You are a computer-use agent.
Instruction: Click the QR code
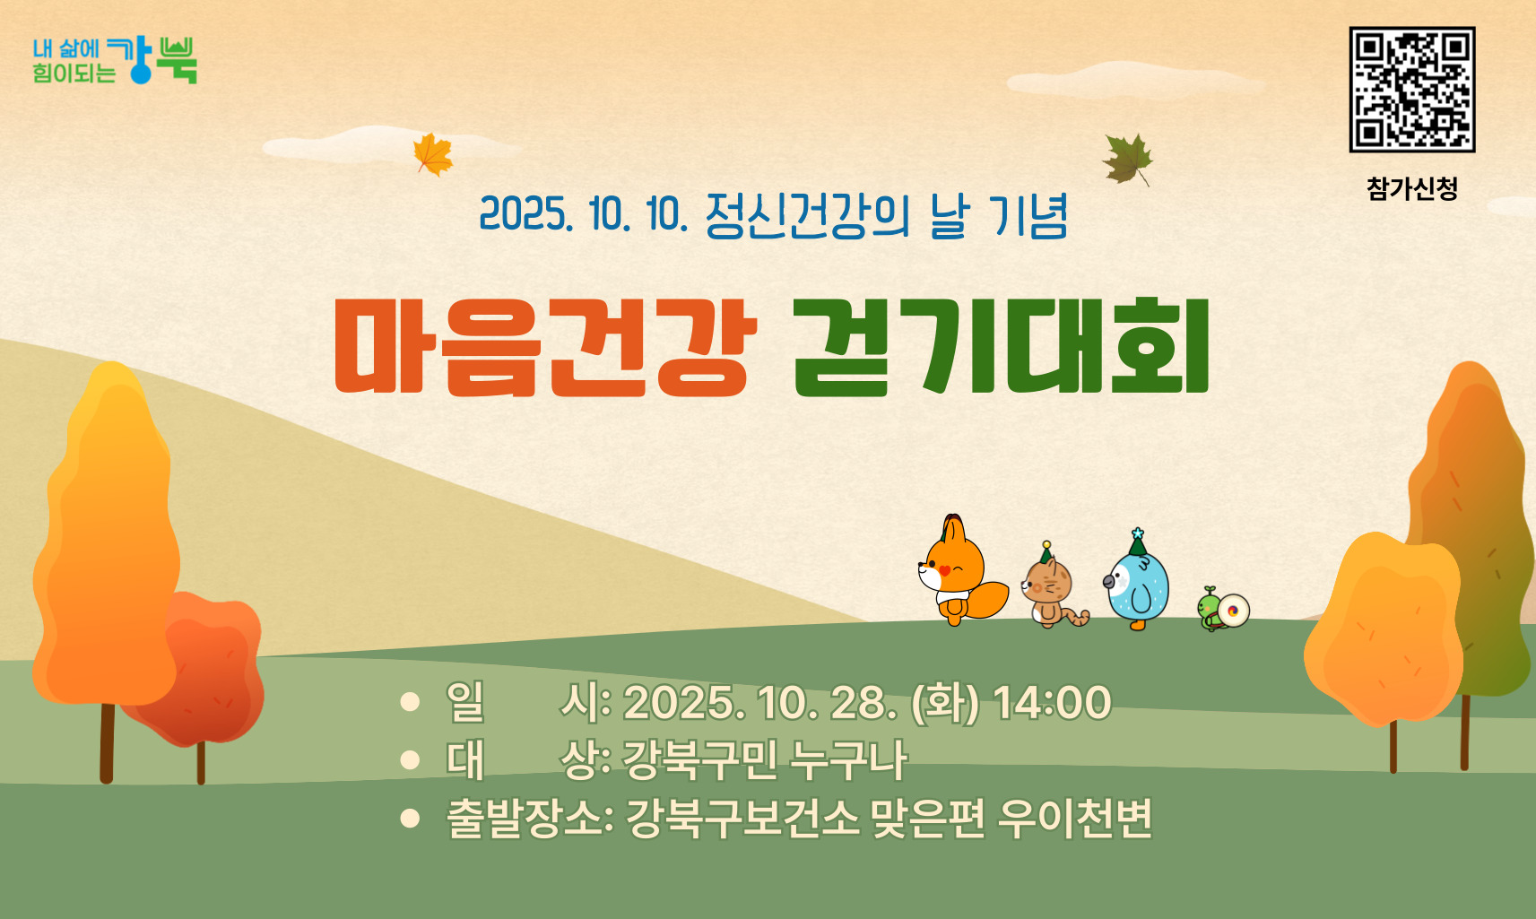point(1412,89)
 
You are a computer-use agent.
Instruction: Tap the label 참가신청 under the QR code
point(1412,188)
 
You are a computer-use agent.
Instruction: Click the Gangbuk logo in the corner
point(115,60)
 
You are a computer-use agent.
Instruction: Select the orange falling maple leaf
point(433,154)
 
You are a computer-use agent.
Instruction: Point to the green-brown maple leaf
point(1127,160)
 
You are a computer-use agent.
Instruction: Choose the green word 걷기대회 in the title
point(1001,346)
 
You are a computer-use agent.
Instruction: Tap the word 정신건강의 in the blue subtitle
point(807,216)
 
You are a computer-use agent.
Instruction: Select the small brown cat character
point(1052,586)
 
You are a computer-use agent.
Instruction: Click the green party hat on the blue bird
point(1138,542)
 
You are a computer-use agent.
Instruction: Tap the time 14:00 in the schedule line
point(1052,702)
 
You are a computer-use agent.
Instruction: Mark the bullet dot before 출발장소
point(410,819)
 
